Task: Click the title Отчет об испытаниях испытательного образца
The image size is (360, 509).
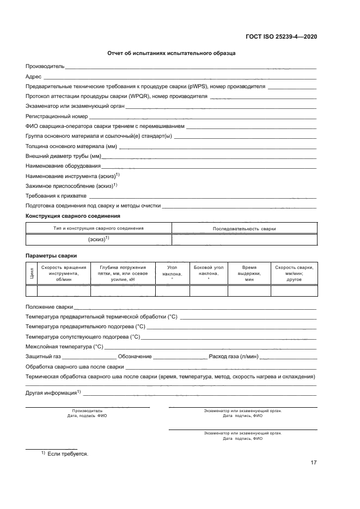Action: [x=170, y=53]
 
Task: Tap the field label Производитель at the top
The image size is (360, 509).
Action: [x=45, y=66]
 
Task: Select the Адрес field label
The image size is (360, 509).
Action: [x=34, y=77]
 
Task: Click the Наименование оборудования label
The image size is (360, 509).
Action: [x=63, y=166]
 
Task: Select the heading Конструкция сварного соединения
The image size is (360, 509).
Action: [x=72, y=216]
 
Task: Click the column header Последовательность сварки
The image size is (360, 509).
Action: [x=244, y=229]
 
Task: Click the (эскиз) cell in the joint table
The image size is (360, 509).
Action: [x=99, y=240]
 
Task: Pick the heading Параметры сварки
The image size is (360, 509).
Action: [x=51, y=255]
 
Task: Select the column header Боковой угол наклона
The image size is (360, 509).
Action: [x=209, y=271]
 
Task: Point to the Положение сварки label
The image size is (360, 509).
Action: [x=49, y=307]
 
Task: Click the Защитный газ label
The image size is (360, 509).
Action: [x=43, y=357]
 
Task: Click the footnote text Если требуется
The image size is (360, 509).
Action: [x=68, y=453]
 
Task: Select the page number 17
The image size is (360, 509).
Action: [x=313, y=463]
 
